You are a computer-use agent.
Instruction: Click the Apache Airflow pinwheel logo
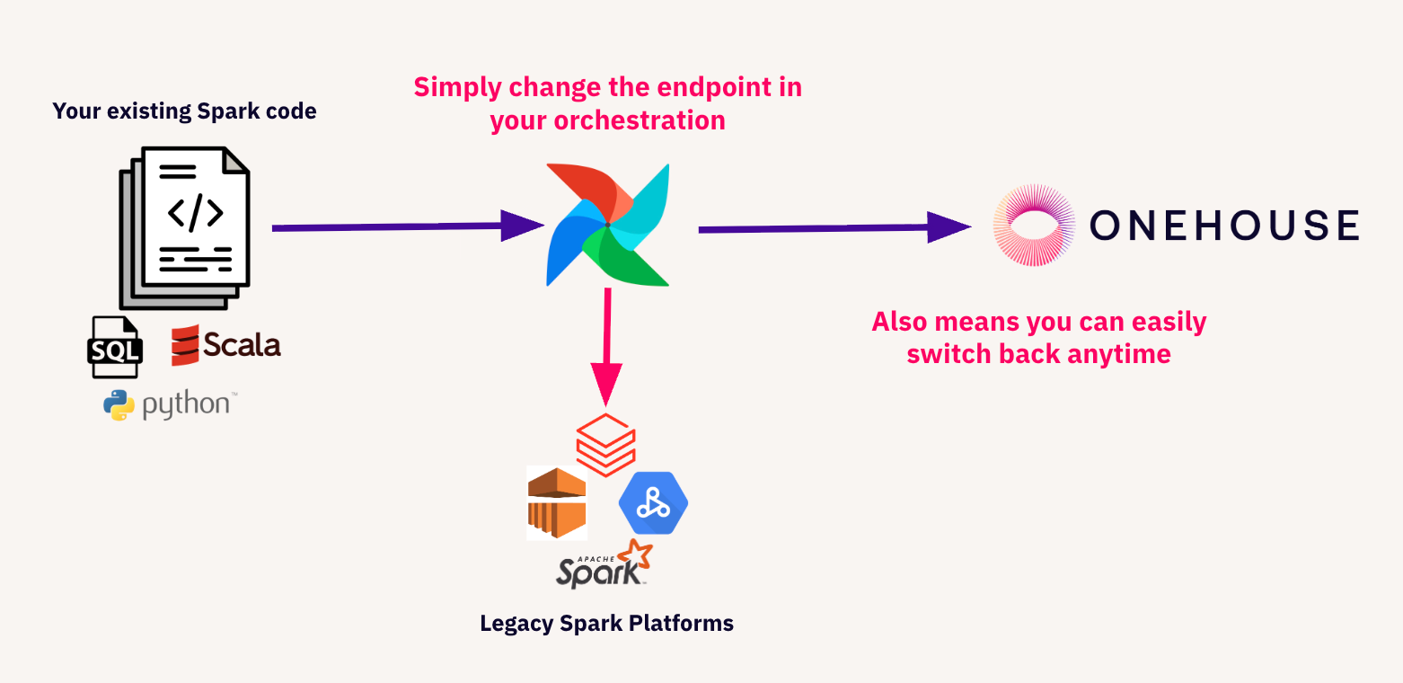[608, 225]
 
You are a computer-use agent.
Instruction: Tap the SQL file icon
[114, 347]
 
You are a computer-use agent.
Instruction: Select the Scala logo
[225, 345]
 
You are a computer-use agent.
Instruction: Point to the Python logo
[170, 404]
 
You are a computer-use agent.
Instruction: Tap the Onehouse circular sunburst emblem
[1035, 225]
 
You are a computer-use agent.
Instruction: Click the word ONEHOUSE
[1223, 225]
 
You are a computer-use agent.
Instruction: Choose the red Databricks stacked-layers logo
[605, 444]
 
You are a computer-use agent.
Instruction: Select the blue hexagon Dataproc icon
[653, 503]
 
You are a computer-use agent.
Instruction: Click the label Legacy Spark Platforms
[606, 623]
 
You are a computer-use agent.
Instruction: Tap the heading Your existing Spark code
[184, 111]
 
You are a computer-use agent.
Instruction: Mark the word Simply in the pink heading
[456, 88]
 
